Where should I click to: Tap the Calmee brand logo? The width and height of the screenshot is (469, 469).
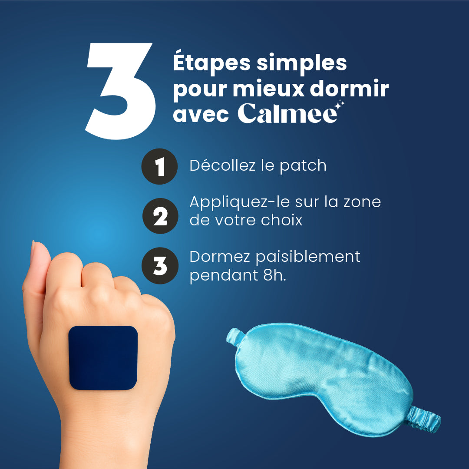287,113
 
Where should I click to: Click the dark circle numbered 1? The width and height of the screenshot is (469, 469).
159,166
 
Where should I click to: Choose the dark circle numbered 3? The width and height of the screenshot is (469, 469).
160,266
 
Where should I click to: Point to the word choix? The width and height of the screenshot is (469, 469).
282,220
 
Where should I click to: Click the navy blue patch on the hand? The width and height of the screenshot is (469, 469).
103,357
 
